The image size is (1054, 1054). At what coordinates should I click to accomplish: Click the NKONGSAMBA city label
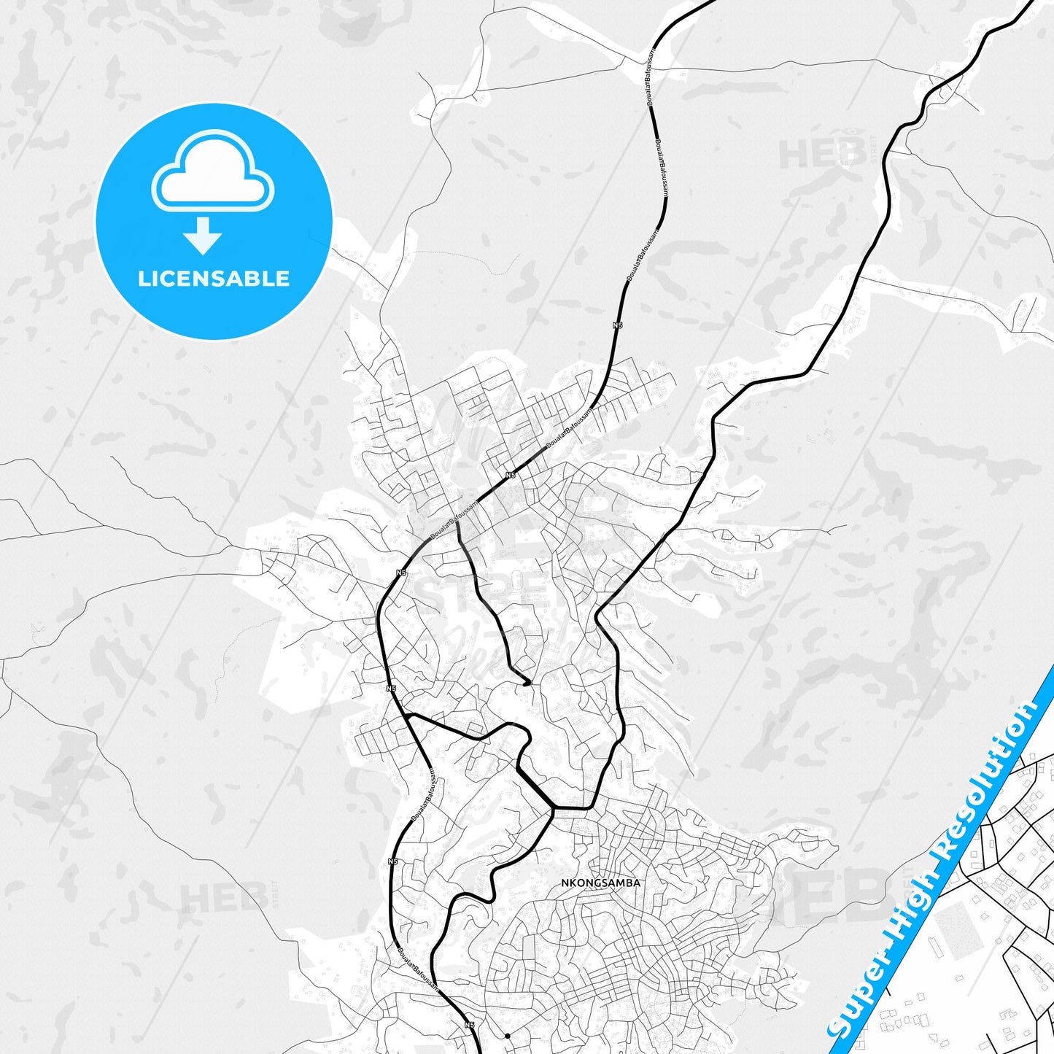(600, 883)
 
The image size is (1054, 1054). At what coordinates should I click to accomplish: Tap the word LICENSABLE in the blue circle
(214, 279)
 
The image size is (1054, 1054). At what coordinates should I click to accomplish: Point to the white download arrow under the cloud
(203, 235)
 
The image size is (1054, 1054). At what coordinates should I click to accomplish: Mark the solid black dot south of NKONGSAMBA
(507, 1036)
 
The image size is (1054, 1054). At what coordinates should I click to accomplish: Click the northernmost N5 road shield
(618, 325)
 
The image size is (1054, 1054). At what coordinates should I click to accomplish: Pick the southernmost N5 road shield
(469, 1025)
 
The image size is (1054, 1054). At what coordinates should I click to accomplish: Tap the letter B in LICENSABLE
(260, 279)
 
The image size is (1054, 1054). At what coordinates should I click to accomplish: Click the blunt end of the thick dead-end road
(527, 683)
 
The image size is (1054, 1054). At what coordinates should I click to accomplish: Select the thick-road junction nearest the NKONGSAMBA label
(553, 808)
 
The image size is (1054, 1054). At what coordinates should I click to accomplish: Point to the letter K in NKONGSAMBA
(574, 883)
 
